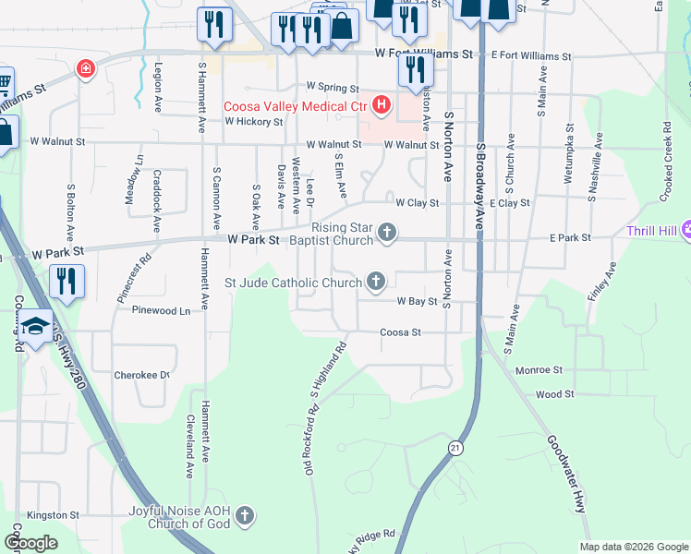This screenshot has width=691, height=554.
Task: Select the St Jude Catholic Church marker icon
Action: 376,280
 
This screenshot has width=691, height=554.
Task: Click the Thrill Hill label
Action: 652,231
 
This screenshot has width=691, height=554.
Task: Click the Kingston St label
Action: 54,514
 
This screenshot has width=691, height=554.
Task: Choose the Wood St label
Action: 555,393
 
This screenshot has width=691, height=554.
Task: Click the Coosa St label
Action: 401,331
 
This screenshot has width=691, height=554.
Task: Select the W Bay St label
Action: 417,301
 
